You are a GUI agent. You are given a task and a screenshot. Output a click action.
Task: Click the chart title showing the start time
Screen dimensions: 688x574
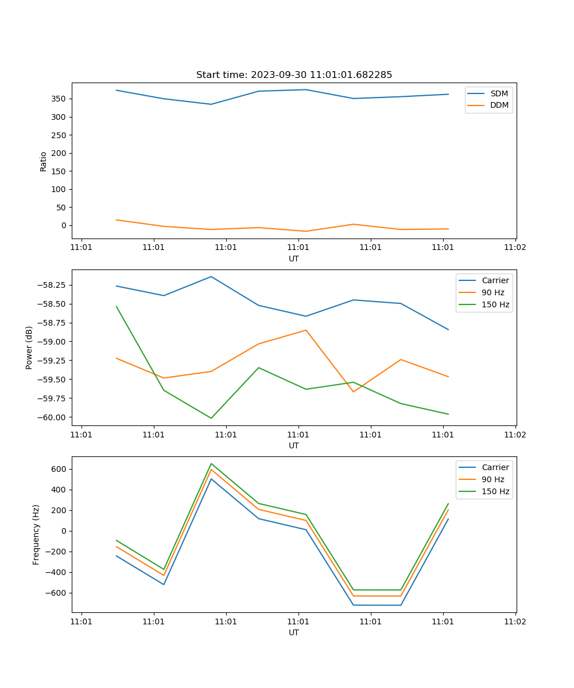(x=294, y=75)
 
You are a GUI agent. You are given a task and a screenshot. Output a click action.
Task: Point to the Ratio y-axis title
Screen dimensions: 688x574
(x=44, y=161)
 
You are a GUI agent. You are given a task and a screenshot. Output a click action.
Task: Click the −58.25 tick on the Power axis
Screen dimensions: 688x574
(x=53, y=286)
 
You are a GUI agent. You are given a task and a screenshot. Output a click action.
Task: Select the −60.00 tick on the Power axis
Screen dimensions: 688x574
(x=53, y=417)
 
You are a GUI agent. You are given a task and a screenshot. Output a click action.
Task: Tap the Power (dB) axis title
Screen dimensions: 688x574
(x=29, y=347)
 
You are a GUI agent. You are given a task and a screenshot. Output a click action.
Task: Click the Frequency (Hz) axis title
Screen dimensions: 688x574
(x=36, y=534)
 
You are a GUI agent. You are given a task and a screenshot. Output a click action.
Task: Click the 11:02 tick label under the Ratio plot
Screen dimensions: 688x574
(x=515, y=248)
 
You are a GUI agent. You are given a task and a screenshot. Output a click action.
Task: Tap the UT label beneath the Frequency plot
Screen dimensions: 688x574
(x=294, y=632)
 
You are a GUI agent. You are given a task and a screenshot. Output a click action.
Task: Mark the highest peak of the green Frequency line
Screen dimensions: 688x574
(x=211, y=464)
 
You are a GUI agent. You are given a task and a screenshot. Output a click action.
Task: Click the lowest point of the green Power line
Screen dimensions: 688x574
(x=211, y=418)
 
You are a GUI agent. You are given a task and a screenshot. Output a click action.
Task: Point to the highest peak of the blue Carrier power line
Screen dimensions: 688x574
(x=211, y=276)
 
